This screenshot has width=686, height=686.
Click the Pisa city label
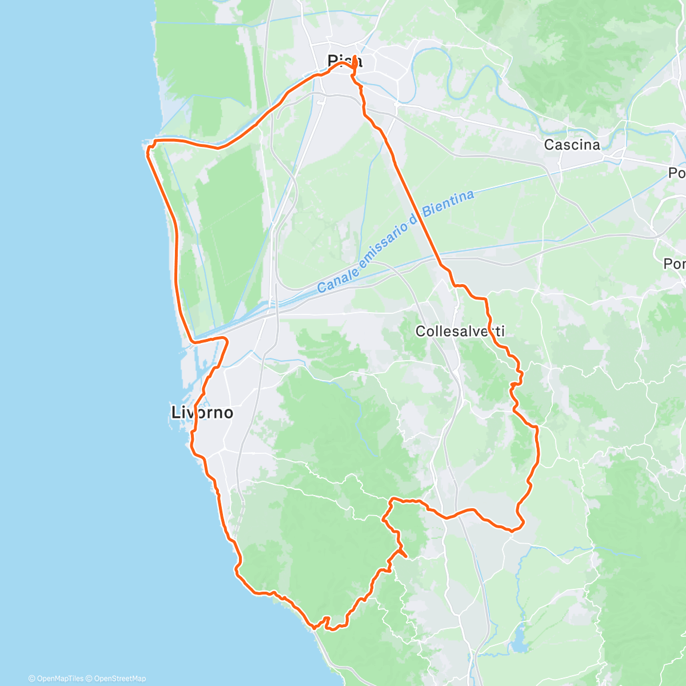click(x=344, y=61)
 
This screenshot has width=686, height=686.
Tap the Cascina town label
click(x=572, y=145)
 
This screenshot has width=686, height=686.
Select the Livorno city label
click(x=202, y=412)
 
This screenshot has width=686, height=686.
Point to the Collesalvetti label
click(x=460, y=331)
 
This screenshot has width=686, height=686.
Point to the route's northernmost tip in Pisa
click(x=355, y=57)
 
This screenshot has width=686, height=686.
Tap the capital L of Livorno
click(x=176, y=412)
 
